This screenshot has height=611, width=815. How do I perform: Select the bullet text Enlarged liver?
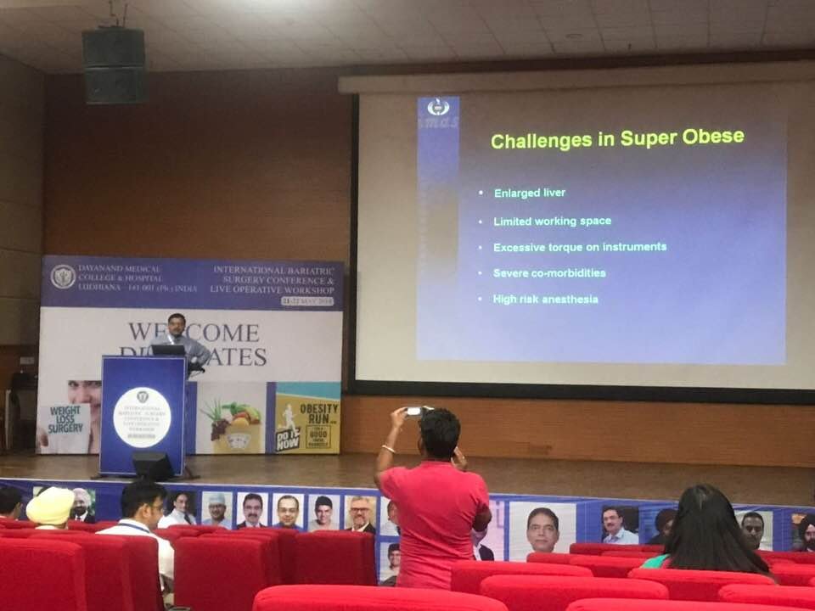tap(529, 193)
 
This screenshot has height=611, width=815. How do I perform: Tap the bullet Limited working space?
tap(552, 221)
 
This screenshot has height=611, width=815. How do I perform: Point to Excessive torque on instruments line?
tap(580, 247)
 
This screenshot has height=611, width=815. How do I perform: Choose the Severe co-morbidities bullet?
tap(549, 273)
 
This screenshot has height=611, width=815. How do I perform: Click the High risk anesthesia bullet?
tap(545, 300)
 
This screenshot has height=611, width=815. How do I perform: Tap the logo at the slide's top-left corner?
tap(438, 108)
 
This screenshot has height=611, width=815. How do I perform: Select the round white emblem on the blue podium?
tap(142, 417)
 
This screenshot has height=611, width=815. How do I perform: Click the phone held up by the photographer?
tap(415, 412)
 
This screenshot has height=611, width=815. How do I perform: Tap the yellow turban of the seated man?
tap(50, 507)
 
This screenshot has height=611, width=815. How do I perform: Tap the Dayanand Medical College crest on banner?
tap(63, 277)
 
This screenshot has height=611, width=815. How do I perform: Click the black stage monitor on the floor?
tap(153, 466)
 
